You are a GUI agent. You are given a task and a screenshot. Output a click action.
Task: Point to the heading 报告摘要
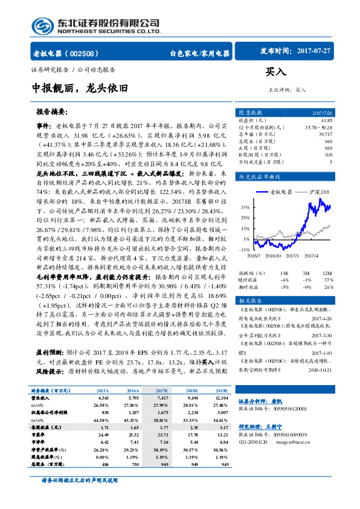click(x=53, y=112)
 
